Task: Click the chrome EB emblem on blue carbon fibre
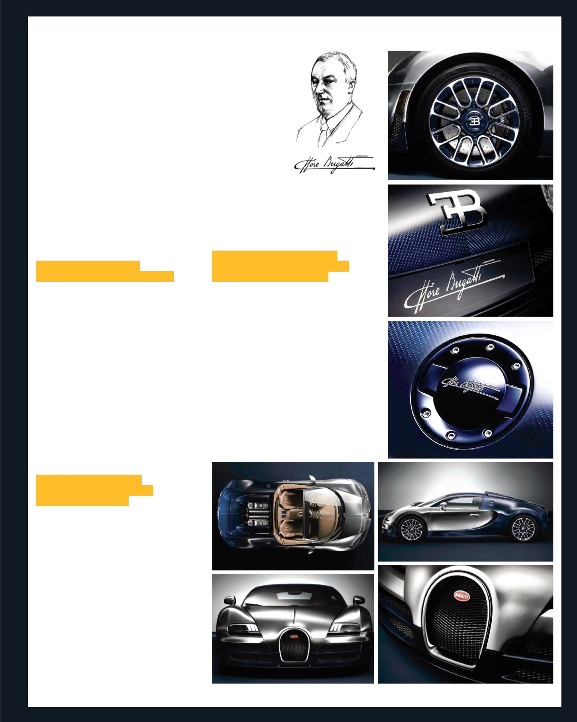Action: [457, 212]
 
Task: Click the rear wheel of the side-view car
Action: [524, 529]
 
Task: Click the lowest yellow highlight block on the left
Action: [94, 490]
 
